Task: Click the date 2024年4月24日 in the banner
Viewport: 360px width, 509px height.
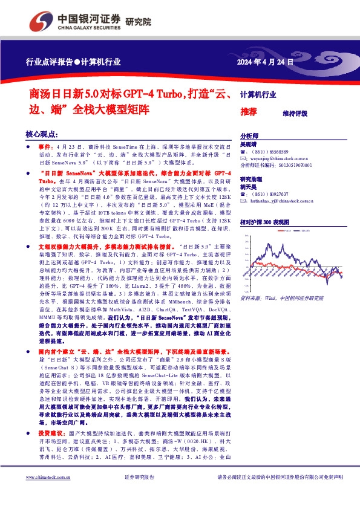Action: point(266,62)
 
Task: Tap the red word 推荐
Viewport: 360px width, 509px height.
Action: point(249,112)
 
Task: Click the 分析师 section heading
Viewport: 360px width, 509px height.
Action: point(249,137)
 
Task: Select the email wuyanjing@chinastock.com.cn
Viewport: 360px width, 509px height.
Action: point(278,158)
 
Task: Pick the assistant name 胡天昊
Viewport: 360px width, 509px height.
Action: point(249,188)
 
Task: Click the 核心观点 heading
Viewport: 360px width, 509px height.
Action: point(42,134)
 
